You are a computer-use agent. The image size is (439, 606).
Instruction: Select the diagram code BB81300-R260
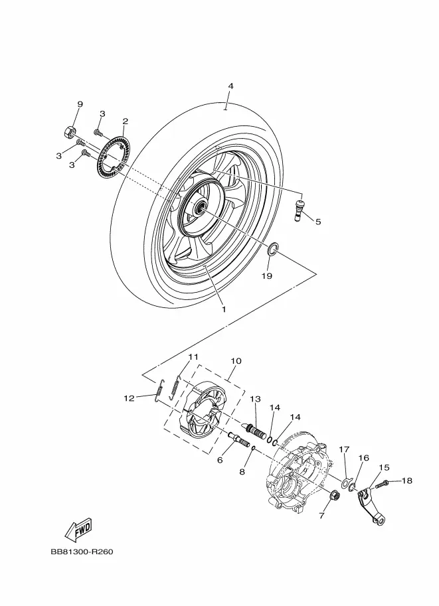point(82,552)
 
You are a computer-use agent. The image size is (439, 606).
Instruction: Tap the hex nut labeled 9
point(70,131)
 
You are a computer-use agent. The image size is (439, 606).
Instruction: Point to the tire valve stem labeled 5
point(299,210)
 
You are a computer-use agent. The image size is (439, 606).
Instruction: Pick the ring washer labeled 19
point(273,250)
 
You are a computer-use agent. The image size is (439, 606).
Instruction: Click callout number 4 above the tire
point(230,86)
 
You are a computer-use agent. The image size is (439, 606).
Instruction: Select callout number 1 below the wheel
point(224,309)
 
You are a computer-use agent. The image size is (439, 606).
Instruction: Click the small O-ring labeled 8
point(253,447)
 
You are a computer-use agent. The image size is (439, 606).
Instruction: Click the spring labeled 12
point(159,391)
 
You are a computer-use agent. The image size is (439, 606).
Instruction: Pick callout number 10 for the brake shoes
point(236,361)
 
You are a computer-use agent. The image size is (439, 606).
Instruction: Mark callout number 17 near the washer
point(344,449)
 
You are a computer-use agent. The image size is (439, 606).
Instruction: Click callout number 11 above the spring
point(193,356)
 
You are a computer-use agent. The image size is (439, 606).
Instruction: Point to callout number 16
point(363,458)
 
